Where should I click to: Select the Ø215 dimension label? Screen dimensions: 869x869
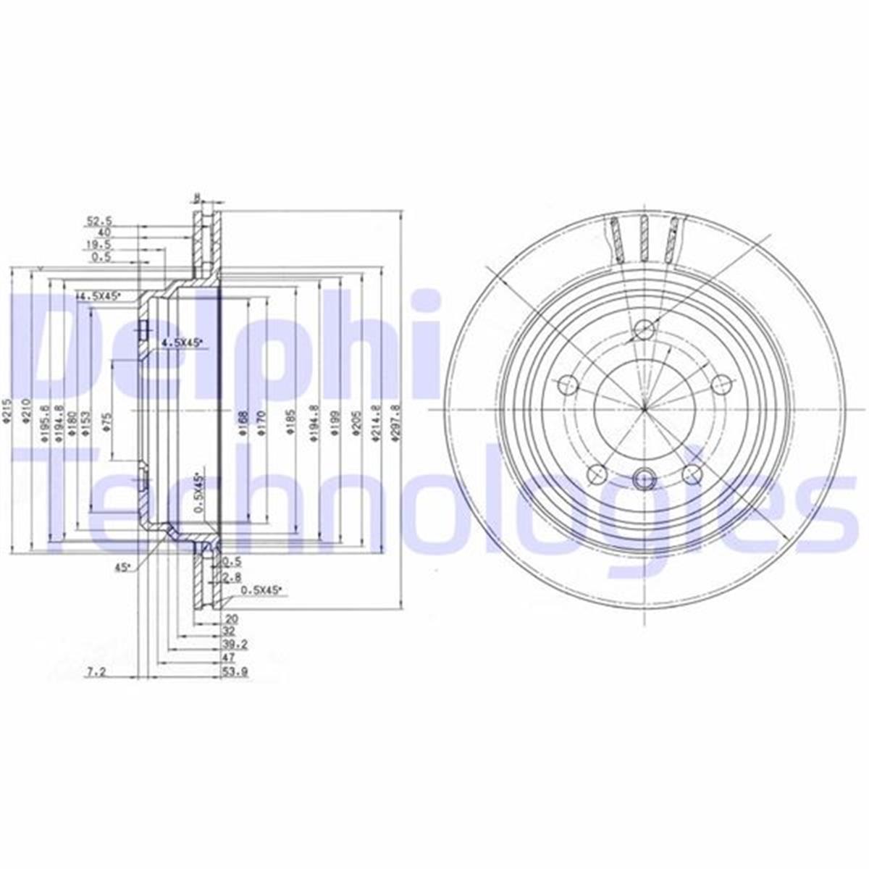(x=6, y=411)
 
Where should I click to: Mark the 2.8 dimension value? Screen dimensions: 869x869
(x=232, y=577)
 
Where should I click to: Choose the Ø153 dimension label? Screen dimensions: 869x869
(x=86, y=419)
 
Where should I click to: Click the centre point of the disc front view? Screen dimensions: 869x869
(x=643, y=409)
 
